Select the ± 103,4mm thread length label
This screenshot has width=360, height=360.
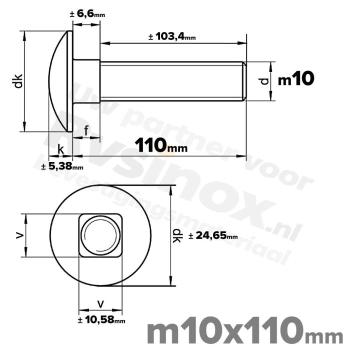(x=172, y=37)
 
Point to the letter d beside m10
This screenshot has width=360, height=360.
(x=265, y=80)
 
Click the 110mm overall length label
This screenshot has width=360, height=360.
(x=160, y=145)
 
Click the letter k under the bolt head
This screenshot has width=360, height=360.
(x=60, y=148)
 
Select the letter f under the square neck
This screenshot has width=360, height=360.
(x=86, y=131)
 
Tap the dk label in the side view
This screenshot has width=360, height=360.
(x=18, y=81)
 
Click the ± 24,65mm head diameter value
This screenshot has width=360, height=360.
(x=213, y=235)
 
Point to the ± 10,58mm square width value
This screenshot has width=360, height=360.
(x=101, y=320)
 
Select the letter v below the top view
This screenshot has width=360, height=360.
(x=100, y=303)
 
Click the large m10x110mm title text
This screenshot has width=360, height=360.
(x=245, y=332)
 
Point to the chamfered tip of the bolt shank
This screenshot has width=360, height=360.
(x=244, y=81)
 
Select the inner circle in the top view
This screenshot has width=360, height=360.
(x=100, y=235)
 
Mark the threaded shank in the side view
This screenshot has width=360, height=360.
(x=170, y=81)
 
